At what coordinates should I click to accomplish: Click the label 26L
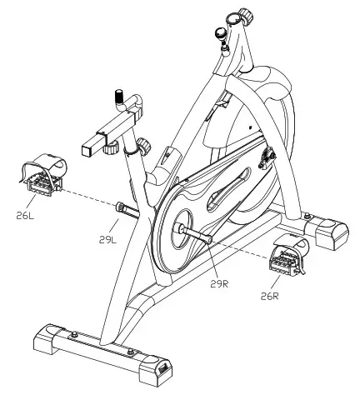pyautogui.click(x=25, y=216)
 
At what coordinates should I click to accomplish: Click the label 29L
pyautogui.click(x=108, y=240)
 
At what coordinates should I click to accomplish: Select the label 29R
pyautogui.click(x=219, y=284)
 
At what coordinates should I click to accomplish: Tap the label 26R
pyautogui.click(x=269, y=297)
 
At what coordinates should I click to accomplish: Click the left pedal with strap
pyautogui.click(x=43, y=175)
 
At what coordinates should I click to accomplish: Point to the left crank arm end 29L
pyautogui.click(x=127, y=210)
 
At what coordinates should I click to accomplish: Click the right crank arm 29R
pyautogui.click(x=193, y=232)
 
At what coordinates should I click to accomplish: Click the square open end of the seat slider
pyautogui.click(x=87, y=149)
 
